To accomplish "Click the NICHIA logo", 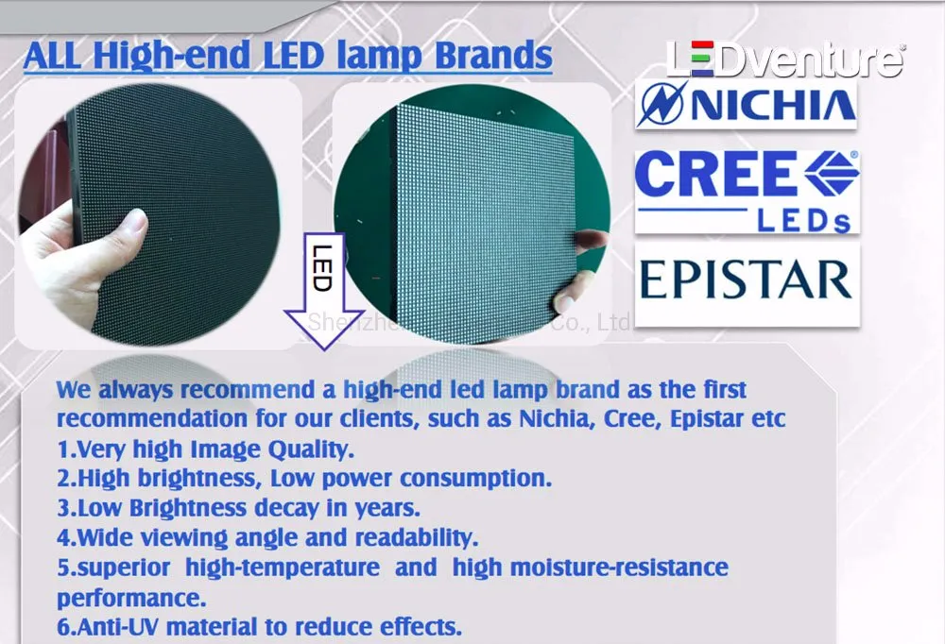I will (747, 104).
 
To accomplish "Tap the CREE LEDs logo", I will (747, 190).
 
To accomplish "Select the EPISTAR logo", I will (747, 280).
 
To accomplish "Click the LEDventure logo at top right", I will (784, 59).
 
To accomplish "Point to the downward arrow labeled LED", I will (323, 293).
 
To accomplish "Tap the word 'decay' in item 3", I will (286, 509).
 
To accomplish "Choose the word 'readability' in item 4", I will (421, 539).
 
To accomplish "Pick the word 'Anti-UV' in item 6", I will (119, 628).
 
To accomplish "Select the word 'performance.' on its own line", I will (131, 599).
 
